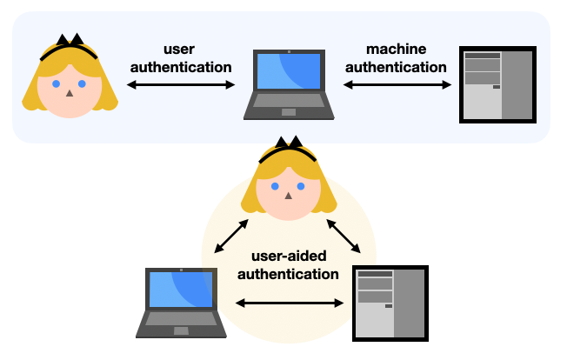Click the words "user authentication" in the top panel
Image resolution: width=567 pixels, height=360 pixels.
point(180,57)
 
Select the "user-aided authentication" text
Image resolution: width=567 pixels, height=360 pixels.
point(288,265)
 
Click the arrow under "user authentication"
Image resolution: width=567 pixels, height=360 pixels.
point(181,85)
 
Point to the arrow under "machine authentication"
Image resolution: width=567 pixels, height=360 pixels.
point(397,85)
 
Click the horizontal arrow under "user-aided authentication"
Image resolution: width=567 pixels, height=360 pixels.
point(290,303)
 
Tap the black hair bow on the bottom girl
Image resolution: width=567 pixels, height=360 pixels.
point(288,143)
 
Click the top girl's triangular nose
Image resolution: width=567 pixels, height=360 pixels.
point(69,91)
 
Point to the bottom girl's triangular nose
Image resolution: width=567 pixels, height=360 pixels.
point(287,195)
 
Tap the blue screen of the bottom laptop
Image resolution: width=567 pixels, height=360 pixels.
point(181,290)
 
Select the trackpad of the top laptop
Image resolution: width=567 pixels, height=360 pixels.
point(288,112)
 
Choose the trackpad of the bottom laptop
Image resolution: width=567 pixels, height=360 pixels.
point(181,331)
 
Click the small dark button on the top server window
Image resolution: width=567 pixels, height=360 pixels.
point(496,87)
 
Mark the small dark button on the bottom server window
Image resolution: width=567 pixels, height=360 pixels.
point(389,305)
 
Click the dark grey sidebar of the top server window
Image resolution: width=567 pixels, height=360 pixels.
point(517,84)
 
